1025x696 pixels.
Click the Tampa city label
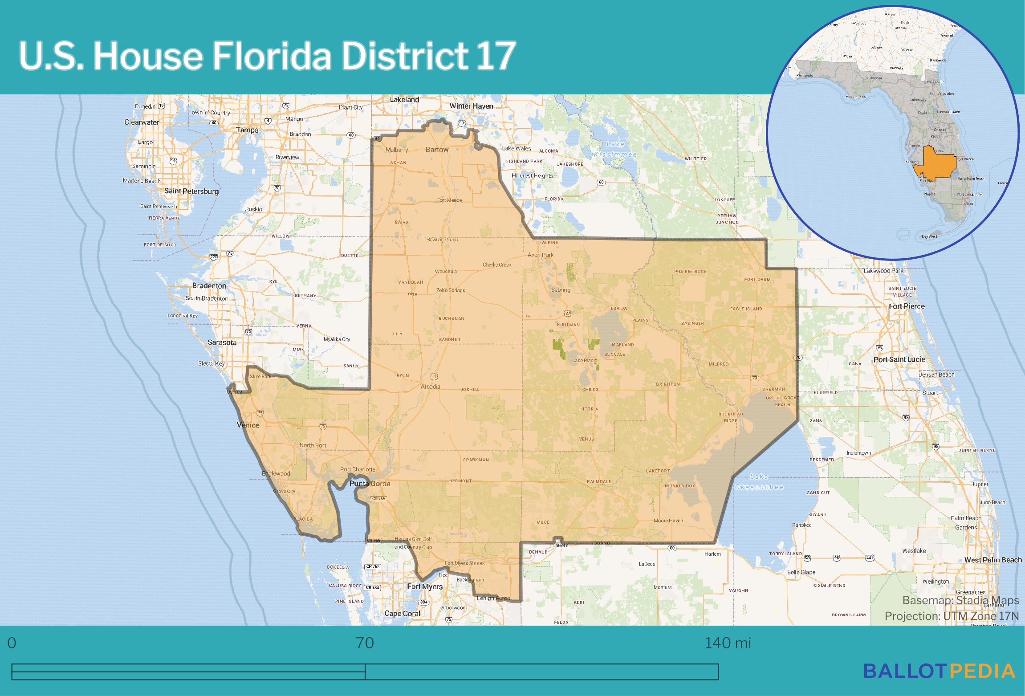coord(247,130)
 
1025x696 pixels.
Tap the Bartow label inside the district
coord(437,150)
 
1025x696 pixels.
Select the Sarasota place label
coord(222,343)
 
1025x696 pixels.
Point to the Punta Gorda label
coord(370,484)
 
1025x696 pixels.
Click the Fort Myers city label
coord(425,587)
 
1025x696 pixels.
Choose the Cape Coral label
coord(402,614)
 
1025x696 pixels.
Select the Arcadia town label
coord(430,387)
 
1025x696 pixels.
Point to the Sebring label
coord(561,290)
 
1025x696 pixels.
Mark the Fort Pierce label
coord(907,306)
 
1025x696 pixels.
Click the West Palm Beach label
coord(993,560)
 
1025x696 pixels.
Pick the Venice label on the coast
coord(248,425)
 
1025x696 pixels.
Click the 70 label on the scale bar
coord(365,643)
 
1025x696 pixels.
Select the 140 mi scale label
coord(728,643)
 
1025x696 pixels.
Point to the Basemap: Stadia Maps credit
coord(960,601)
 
